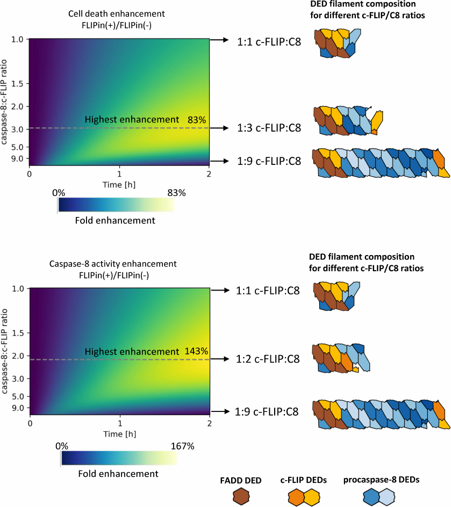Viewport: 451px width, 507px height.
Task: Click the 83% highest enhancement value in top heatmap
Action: coord(197,120)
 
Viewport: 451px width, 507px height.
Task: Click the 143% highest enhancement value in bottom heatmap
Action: coord(197,351)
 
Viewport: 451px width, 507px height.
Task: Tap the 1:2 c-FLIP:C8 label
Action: coord(267,359)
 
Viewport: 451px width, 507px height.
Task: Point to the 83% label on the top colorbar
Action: coord(175,193)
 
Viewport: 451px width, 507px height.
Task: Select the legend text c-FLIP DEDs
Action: coord(304,480)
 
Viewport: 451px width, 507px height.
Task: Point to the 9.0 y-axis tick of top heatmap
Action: coord(18,160)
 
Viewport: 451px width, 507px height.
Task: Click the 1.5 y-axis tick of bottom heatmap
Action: coord(18,334)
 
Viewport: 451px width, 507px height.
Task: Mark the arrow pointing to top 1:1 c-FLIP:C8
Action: coord(220,40)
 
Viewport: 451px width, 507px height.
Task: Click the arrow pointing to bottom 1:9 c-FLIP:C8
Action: coord(220,412)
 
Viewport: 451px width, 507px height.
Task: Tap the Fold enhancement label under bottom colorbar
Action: coord(118,473)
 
